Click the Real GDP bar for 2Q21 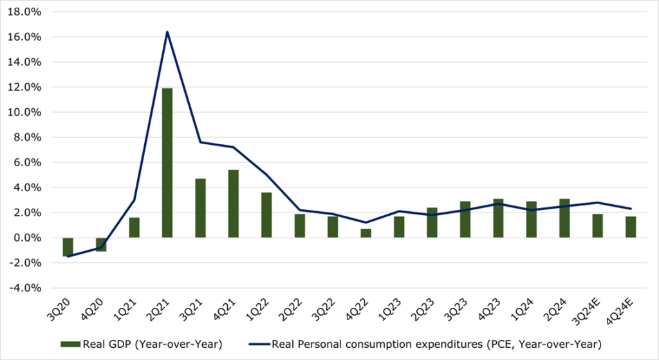(x=167, y=163)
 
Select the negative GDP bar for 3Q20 (x=68, y=247)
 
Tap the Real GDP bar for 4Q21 (x=234, y=204)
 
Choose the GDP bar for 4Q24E (x=631, y=227)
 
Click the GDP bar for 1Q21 (x=134, y=227)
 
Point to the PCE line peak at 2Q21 (x=167, y=32)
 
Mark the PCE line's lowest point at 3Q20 (x=68, y=256)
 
